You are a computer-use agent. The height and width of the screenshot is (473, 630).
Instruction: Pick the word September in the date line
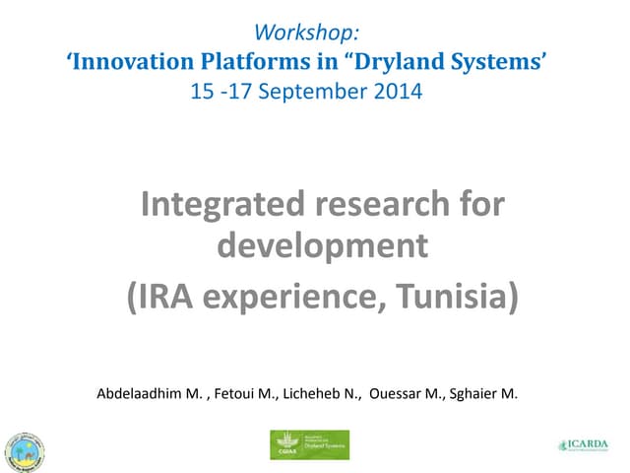point(314,93)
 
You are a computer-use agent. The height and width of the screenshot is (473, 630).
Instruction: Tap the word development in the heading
point(322,244)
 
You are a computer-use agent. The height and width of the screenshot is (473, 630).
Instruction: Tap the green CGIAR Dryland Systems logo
point(309,444)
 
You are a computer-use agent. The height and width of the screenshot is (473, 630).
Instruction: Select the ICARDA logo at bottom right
point(585,445)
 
